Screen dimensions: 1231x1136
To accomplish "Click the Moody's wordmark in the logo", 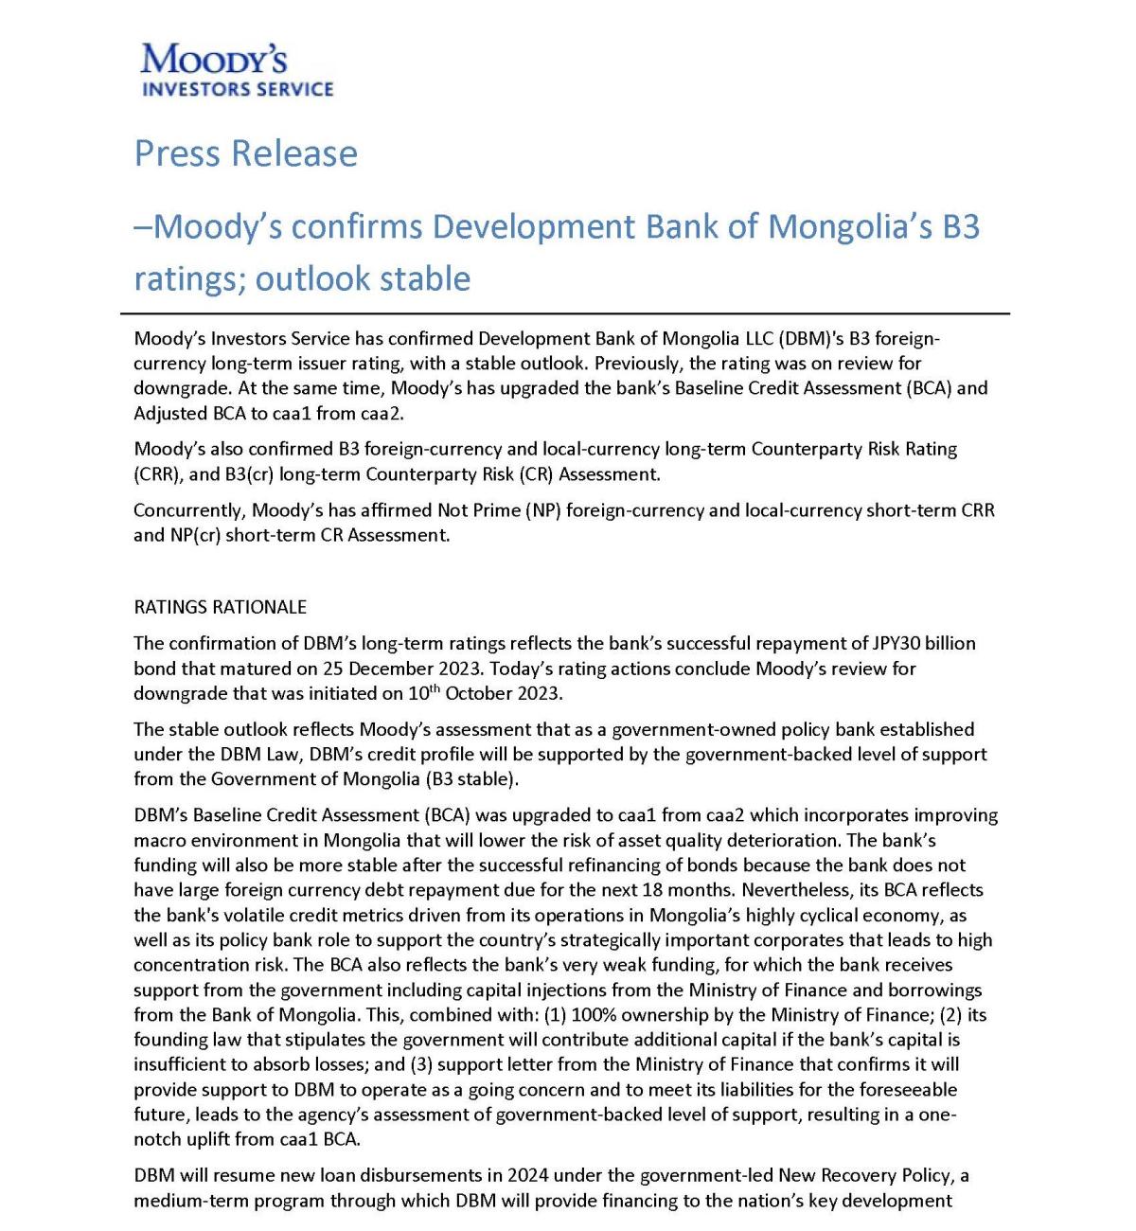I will (x=214, y=60).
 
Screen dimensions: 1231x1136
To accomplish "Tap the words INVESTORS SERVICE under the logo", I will (x=238, y=90).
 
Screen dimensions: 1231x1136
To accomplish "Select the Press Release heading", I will (x=246, y=153).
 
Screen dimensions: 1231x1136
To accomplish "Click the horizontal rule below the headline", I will (x=565, y=312).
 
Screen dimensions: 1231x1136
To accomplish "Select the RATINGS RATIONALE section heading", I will (x=220, y=607).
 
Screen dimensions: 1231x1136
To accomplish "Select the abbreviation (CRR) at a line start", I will (x=156, y=474).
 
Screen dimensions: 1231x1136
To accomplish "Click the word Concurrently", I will (x=188, y=510).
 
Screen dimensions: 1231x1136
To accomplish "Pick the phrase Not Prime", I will (x=474, y=510).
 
